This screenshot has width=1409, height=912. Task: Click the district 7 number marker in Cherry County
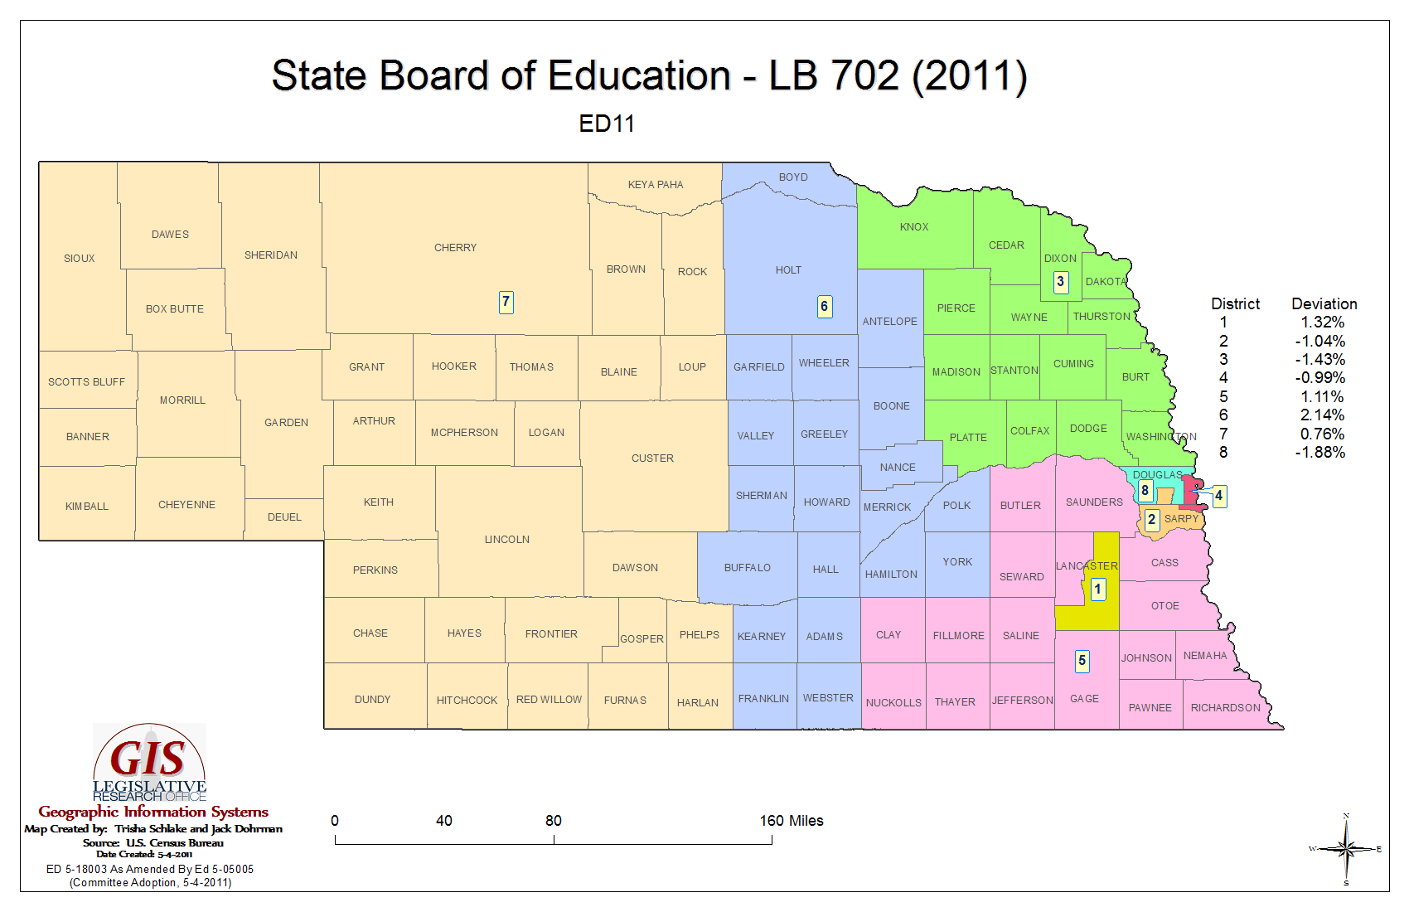coord(506,302)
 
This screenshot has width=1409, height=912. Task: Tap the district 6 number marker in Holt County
coord(824,307)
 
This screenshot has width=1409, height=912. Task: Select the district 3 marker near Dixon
coord(1060,282)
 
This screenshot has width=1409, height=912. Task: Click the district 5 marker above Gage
coord(1082,661)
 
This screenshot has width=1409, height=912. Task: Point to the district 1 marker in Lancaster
coord(1097,589)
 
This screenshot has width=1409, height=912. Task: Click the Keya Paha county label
coord(655,185)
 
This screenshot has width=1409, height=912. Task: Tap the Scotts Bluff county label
coord(86,382)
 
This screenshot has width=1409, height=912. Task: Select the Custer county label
coord(652,458)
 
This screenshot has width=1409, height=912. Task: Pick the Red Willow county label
coord(549,700)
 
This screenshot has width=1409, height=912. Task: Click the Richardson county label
coord(1225,708)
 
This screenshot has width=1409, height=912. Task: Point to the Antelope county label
coord(889,322)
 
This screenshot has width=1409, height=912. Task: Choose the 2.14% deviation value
coord(1322,415)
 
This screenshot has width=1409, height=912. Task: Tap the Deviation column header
coord(1324,304)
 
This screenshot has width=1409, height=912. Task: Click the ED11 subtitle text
coord(607,124)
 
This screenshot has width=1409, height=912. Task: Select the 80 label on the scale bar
coord(553,821)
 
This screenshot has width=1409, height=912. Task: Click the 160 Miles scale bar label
coord(791,821)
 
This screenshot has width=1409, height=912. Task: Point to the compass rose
coord(1346,849)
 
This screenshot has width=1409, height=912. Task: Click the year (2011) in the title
coord(969,76)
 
